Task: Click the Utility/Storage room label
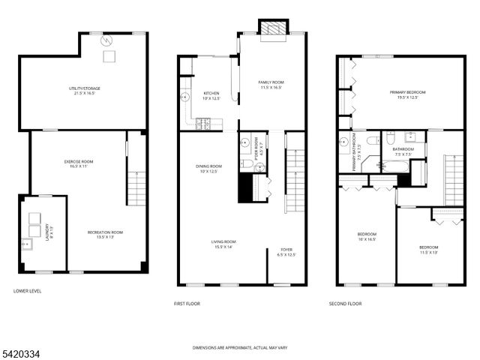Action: (84, 91)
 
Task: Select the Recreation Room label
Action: (105, 235)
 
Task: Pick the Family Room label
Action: (271, 85)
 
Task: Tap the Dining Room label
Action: (209, 168)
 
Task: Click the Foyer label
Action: (287, 252)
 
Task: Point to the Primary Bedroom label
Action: (403, 94)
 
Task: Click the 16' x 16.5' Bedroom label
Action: (366, 237)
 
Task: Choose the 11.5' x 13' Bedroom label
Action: (429, 249)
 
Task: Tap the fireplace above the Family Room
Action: (271, 28)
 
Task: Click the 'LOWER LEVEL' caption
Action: (28, 291)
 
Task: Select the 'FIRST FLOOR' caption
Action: (187, 304)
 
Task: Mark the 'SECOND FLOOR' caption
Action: (345, 304)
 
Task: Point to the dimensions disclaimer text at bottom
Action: (239, 348)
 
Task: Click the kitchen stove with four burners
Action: (202, 124)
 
